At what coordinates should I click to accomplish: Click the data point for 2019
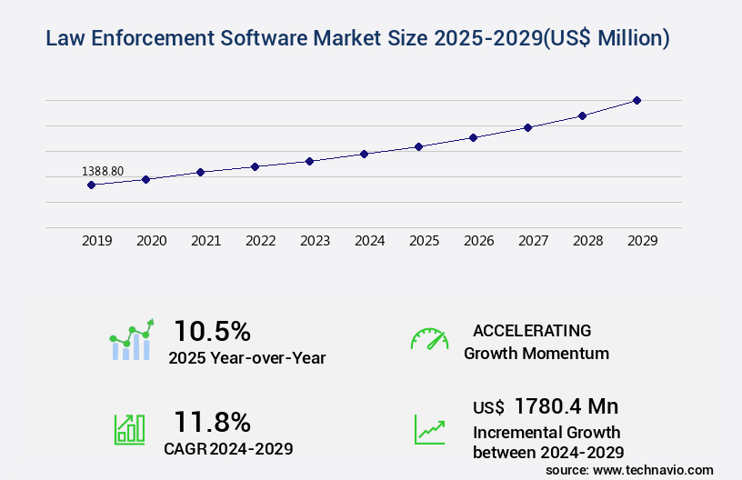coord(91,185)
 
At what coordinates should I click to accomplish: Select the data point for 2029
coord(637,100)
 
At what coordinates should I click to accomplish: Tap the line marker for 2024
coord(364,154)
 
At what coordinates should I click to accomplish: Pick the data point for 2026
coord(473,137)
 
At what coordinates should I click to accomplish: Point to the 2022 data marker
coord(255,166)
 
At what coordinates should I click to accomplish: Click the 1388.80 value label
coord(103,171)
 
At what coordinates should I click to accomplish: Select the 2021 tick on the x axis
coord(206,241)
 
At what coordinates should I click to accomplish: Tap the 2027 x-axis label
coord(534,241)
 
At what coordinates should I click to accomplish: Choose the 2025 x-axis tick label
coord(425,241)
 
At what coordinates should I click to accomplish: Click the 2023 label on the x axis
coord(316,241)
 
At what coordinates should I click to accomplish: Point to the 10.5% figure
coord(212,331)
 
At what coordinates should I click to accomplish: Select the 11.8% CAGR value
coord(212,422)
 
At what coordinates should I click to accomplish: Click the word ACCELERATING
coord(532,331)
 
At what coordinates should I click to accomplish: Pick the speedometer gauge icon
coord(429,339)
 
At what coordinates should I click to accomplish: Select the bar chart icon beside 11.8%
coord(129,429)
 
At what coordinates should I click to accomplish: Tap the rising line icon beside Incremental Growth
coord(429,429)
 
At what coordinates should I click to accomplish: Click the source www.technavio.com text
coord(629,469)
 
